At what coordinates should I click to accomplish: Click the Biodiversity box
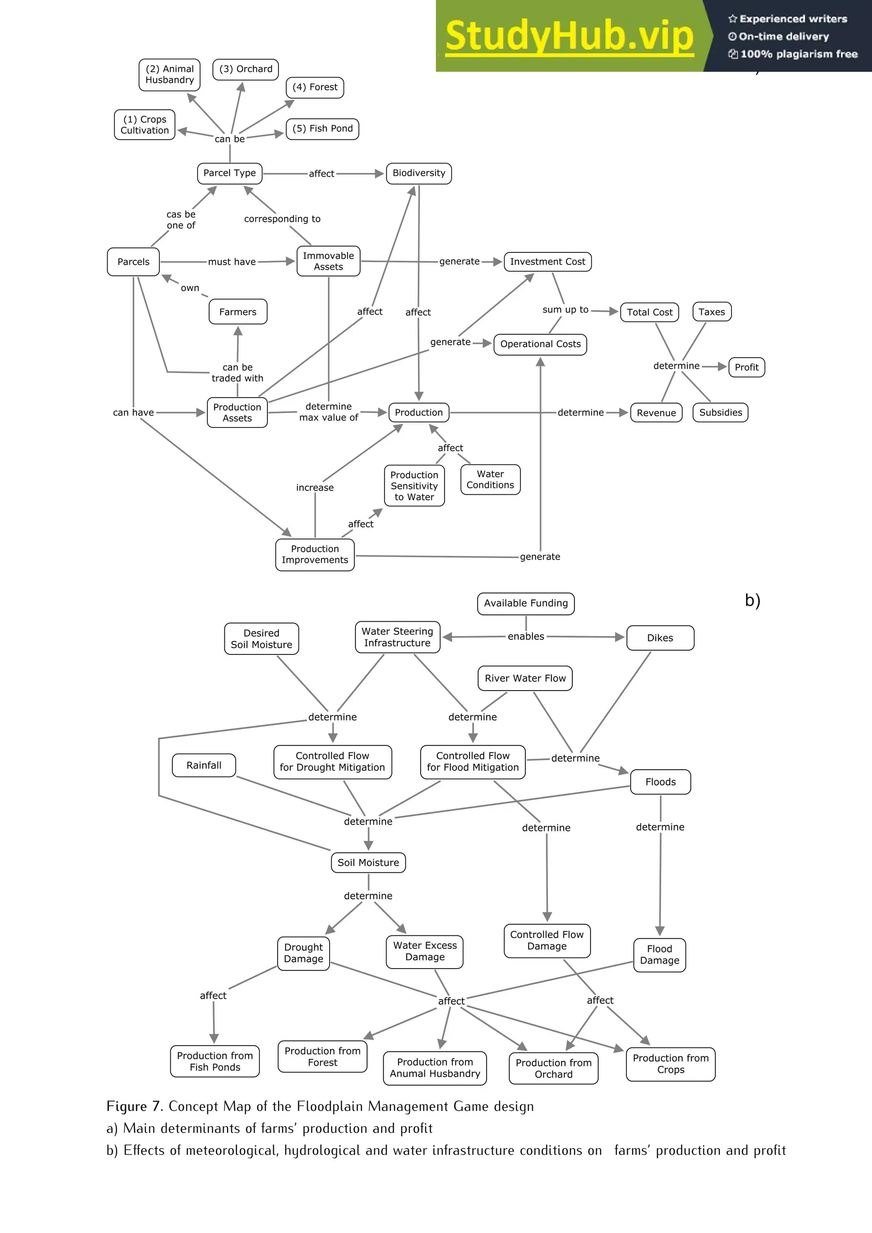click(419, 173)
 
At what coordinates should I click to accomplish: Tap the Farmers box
click(238, 312)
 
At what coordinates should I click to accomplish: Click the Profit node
click(746, 367)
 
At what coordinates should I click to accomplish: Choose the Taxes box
click(711, 312)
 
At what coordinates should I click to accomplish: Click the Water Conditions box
click(490, 479)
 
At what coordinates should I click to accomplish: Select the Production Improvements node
click(315, 555)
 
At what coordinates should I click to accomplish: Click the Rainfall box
click(204, 765)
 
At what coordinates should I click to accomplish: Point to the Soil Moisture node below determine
click(368, 863)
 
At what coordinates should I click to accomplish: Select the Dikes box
click(660, 638)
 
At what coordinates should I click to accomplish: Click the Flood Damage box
click(660, 955)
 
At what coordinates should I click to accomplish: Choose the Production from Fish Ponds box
click(215, 1061)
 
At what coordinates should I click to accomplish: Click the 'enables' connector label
click(526, 637)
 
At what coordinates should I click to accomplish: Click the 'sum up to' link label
click(565, 310)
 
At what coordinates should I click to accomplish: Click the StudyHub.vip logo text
click(569, 36)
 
